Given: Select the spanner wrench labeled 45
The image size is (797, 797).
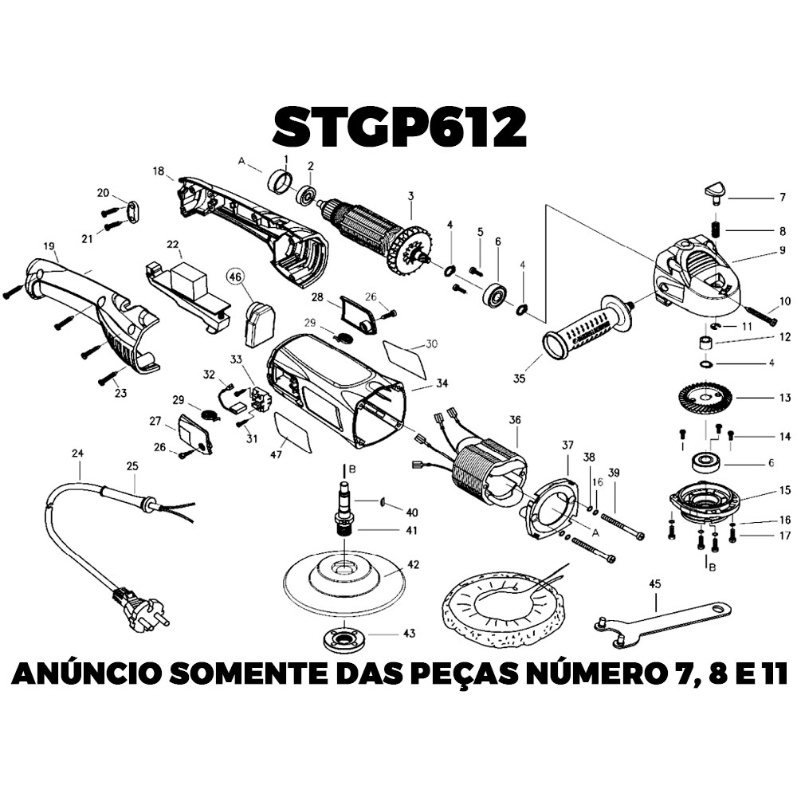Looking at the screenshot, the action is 662,623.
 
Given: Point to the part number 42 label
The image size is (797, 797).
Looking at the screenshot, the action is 413,565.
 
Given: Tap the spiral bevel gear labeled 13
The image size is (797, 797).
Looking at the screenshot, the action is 705,398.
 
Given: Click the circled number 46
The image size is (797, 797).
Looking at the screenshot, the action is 235,277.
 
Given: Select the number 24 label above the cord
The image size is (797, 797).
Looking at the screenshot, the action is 77,453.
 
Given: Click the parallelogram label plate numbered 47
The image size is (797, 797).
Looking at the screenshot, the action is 292,432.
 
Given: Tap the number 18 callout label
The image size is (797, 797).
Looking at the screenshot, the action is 158,171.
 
